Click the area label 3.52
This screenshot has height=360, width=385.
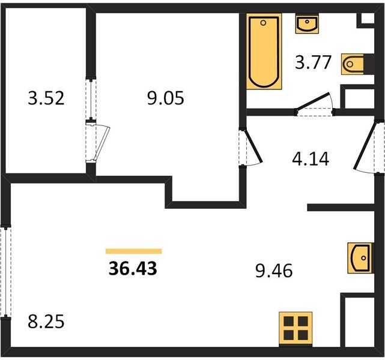pos(46,98)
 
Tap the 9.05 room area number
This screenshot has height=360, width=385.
pos(166,98)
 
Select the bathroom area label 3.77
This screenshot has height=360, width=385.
pos(314,62)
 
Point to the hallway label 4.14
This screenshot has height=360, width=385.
pos(311,158)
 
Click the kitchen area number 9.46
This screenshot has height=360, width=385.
pos(274,271)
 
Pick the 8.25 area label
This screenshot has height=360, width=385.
pos(46,322)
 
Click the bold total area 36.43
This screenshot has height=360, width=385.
pos(133,268)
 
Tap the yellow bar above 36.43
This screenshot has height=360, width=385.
pos(133,251)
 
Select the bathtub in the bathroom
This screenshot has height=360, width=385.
pos(264,52)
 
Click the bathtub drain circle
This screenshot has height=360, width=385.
pos(263,23)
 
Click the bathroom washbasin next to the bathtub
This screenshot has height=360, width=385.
pos(307,23)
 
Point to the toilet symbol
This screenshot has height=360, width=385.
pos(353,64)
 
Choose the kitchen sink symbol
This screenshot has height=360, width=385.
pos(360,258)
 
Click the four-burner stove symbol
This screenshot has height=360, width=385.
pos(296,329)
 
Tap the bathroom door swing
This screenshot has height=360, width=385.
pos(315,104)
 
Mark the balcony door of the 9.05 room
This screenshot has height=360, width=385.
pos(97,142)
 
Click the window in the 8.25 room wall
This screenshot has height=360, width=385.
pos(5,272)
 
